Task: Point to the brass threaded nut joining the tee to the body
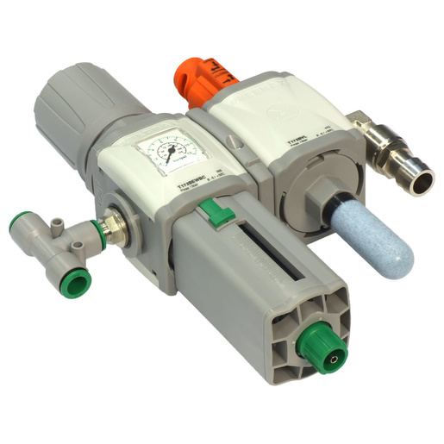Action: (x=113, y=227)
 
